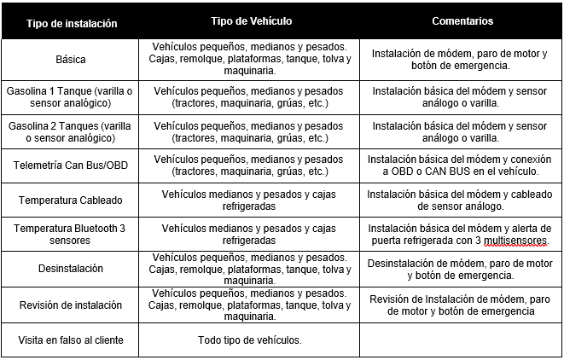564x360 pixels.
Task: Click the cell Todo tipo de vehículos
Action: [x=248, y=340]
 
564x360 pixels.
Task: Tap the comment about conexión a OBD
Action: [x=461, y=165]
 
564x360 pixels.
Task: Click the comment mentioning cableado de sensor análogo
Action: [x=461, y=200]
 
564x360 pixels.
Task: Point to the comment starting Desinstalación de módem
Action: [x=461, y=269]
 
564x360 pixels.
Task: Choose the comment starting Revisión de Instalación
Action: [x=461, y=305]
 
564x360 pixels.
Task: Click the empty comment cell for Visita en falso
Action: [x=461, y=340]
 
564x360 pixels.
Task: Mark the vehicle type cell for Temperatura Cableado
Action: [x=248, y=200]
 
